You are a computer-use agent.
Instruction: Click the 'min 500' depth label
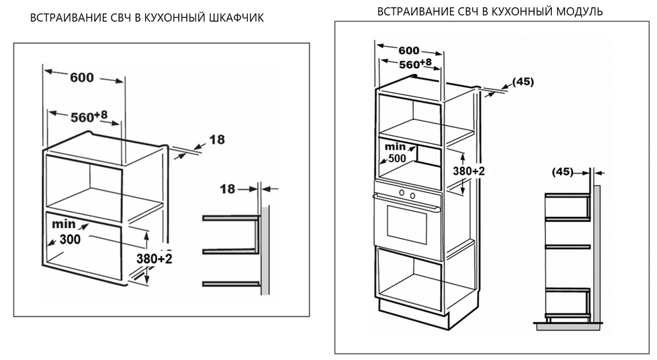396,152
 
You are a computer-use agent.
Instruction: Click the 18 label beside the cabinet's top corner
217,139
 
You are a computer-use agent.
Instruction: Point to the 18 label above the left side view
227,189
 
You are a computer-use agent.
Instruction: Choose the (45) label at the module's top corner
523,82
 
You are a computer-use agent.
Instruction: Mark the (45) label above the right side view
562,172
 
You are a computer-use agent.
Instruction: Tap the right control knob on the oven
413,194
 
